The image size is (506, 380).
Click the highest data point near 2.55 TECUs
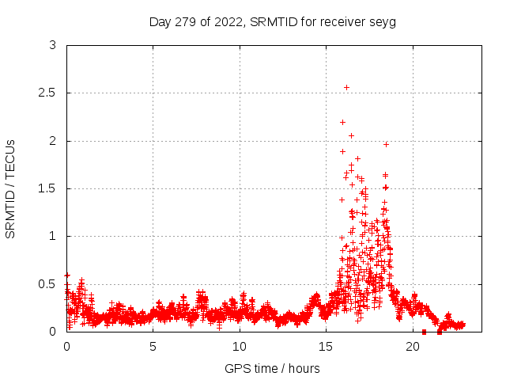(x=346, y=87)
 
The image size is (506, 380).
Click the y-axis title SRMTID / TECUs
(x=11, y=188)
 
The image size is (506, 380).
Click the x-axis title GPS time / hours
(x=272, y=368)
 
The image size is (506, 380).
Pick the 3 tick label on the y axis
(x=52, y=46)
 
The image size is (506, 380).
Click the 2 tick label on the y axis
(x=52, y=141)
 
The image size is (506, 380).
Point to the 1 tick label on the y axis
(x=52, y=236)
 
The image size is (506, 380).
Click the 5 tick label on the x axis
(x=153, y=347)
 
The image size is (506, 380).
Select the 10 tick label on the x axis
(x=240, y=347)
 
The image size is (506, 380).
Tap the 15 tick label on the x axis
(x=327, y=347)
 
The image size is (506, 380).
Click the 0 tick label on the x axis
(x=66, y=347)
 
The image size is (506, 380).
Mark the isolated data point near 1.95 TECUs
(x=386, y=144)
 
